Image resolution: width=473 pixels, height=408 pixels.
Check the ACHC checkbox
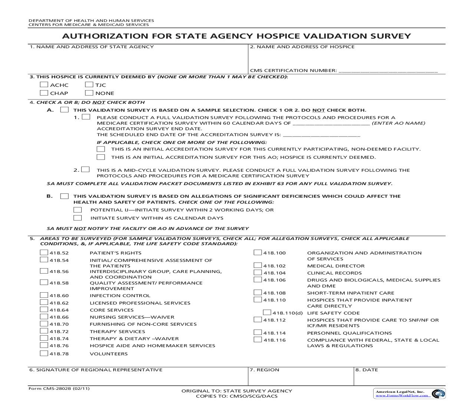(44, 85)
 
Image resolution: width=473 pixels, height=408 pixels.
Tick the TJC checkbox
(89, 85)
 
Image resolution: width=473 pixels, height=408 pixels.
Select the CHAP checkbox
(44, 93)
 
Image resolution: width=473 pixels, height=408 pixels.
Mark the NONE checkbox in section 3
(89, 93)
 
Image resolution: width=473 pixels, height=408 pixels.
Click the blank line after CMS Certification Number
(388, 70)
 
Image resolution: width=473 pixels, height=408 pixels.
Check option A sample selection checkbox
(65, 110)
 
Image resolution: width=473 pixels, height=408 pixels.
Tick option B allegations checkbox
(65, 196)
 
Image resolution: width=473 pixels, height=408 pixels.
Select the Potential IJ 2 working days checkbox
(78, 210)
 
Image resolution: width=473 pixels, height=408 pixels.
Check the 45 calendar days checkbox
(78, 218)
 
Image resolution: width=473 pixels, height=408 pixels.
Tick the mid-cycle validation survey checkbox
(86, 170)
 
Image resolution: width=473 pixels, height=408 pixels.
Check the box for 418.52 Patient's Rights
(44, 253)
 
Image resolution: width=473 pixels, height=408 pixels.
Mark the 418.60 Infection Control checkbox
(44, 295)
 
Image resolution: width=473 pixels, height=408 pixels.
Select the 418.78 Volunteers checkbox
(44, 353)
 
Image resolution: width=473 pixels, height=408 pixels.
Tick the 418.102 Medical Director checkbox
(258, 266)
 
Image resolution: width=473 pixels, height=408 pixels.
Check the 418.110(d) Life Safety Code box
(267, 313)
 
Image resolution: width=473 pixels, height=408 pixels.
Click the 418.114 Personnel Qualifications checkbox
(258, 333)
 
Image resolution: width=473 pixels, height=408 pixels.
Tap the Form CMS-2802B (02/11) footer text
(59, 389)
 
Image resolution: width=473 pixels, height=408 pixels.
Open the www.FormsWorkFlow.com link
(403, 395)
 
